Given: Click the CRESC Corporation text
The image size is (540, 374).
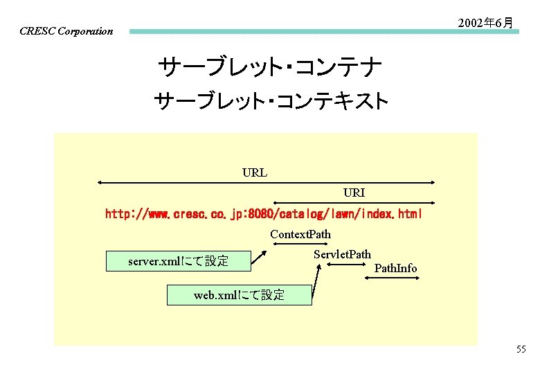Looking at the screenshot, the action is pos(66,31).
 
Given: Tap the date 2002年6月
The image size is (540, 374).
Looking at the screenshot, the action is pos(486,23).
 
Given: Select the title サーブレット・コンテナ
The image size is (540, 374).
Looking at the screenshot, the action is pos(270,68).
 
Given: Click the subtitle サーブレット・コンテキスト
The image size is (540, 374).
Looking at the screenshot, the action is pos(271,103).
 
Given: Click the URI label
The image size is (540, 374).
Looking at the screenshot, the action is pos(354,192).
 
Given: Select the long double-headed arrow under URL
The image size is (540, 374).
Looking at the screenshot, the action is pos(266,183).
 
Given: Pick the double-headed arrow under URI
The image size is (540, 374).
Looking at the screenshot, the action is pos(354,203).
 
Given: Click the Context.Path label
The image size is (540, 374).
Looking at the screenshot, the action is pos(300,234).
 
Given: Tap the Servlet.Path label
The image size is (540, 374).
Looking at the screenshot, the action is pos(342,254).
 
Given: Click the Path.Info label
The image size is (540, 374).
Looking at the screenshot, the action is pos(395,268).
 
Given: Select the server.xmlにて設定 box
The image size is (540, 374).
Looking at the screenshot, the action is pos(178,261).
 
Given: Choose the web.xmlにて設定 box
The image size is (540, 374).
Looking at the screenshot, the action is pos(239,295).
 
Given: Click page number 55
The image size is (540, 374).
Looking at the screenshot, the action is pos(521,349).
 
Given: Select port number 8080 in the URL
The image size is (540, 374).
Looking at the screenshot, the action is pos(282,215).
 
